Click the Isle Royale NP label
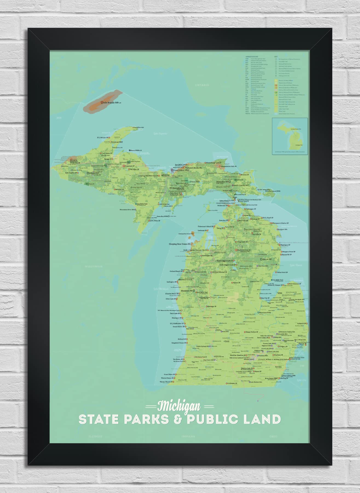(x=112, y=102)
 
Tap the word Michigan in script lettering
(x=179, y=406)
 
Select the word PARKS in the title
(x=146, y=420)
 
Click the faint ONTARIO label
(x=202, y=85)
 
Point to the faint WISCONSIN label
(x=94, y=266)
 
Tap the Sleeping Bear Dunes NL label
(x=180, y=244)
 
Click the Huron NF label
(x=267, y=259)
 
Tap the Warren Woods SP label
(x=166, y=382)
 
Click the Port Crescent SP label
(x=295, y=284)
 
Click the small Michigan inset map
(x=290, y=136)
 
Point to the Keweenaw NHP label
(x=117, y=142)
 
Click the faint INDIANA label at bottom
(x=188, y=436)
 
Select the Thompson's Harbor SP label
(x=280, y=223)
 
